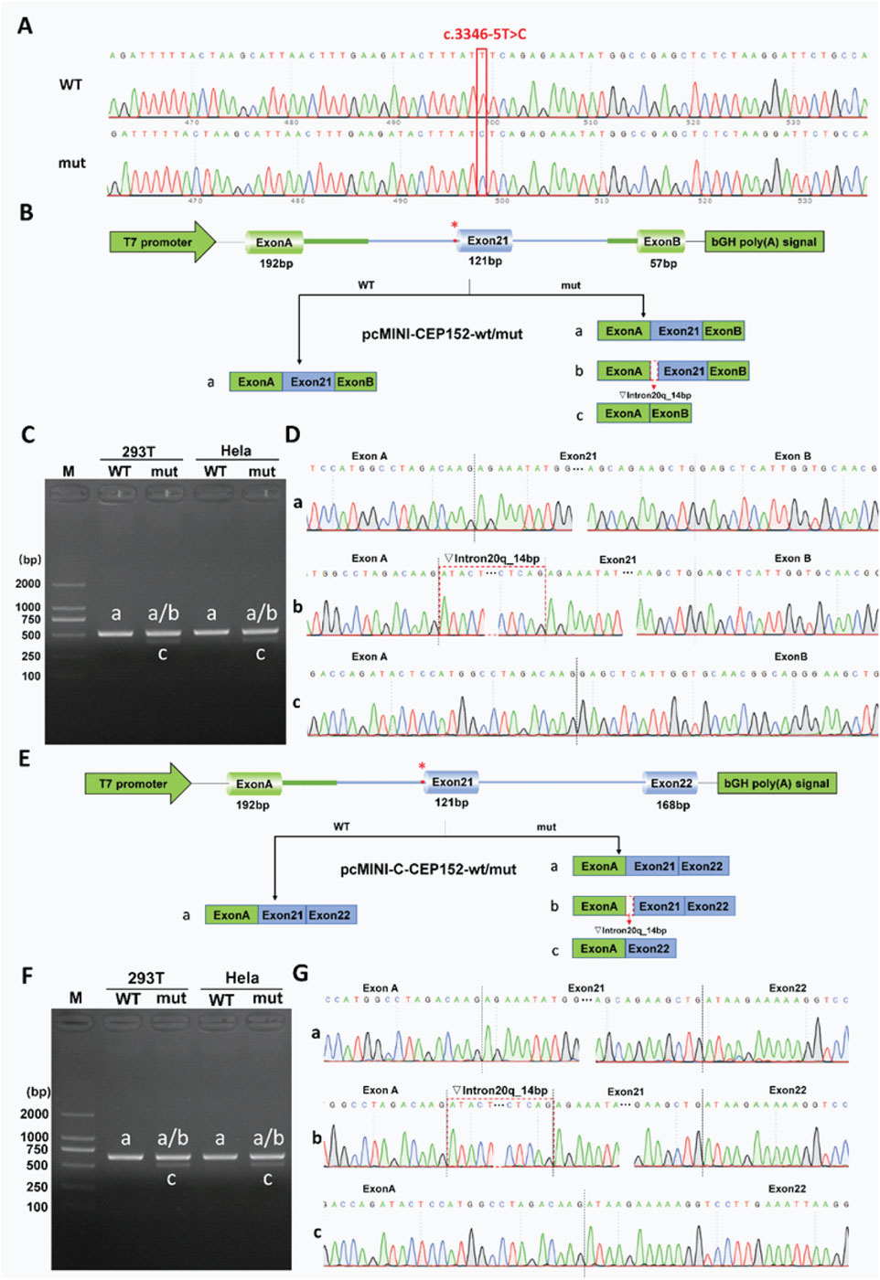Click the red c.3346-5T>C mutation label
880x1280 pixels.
(485, 35)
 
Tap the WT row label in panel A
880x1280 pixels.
(70, 85)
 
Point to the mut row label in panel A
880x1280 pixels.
(71, 164)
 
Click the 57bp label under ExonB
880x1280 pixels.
(663, 263)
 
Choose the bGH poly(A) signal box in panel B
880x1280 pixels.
(764, 242)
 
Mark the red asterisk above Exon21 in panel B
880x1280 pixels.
(454, 226)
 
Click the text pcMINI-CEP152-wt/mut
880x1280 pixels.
(442, 334)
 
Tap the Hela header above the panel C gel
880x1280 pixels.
(236, 451)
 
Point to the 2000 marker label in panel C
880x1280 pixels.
(28, 583)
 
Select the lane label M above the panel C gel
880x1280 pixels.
(69, 472)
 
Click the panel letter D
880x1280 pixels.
(293, 434)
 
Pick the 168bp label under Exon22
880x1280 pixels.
(672, 805)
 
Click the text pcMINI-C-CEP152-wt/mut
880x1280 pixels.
(428, 869)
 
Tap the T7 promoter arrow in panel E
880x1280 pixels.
(137, 784)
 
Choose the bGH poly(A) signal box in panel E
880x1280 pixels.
(777, 784)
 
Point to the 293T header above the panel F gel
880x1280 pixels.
(146, 977)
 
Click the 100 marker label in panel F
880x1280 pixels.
(37, 1207)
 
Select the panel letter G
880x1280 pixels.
(300, 973)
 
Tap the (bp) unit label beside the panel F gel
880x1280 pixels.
(38, 1092)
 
